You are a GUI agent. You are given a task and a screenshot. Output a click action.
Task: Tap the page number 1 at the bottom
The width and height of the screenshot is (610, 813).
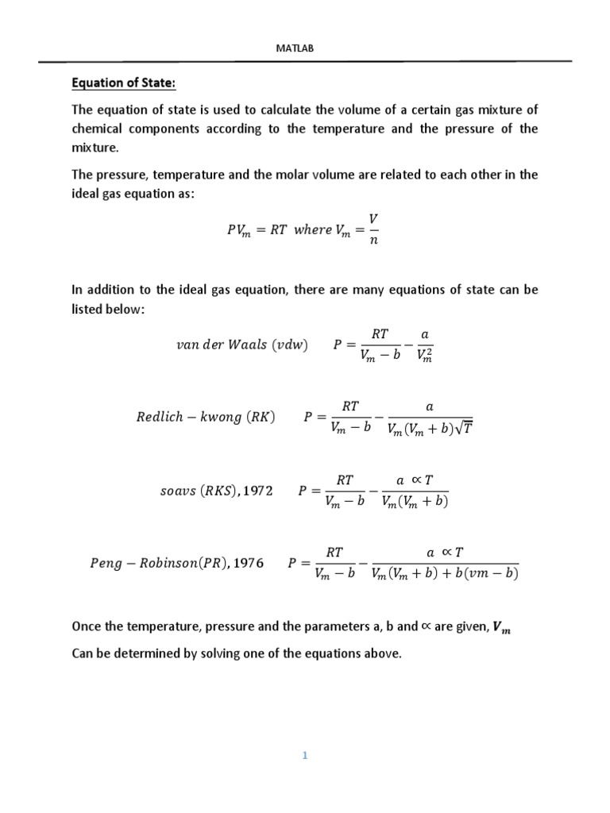[304, 755]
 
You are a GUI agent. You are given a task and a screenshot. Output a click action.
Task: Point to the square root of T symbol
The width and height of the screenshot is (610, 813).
[462, 429]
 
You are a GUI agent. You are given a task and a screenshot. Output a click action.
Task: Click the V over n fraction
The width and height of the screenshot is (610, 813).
[373, 229]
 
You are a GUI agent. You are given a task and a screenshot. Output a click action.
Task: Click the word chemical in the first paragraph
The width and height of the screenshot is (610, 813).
[100, 129]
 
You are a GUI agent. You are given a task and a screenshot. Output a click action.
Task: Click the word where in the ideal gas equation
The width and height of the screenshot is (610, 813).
[313, 229]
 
